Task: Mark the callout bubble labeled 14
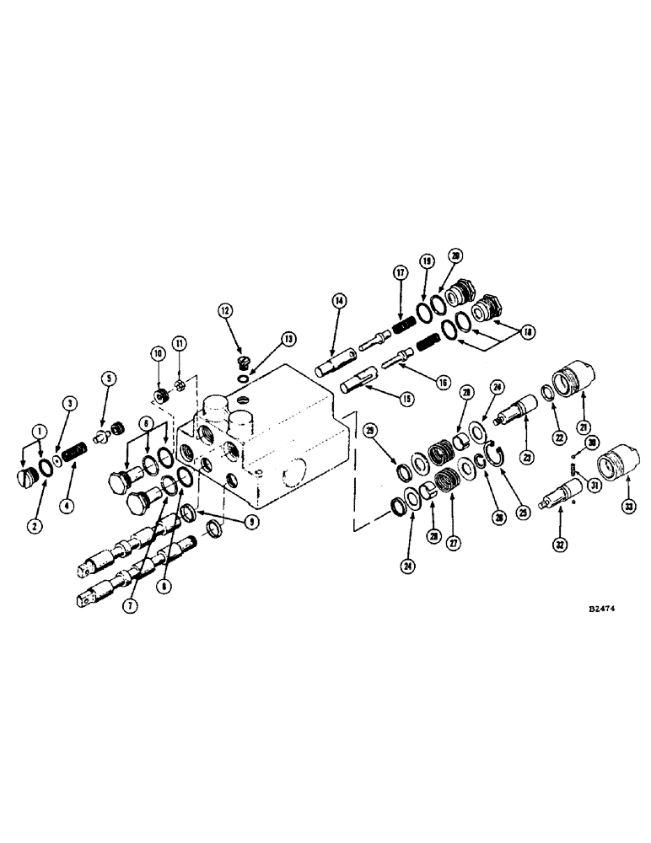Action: (x=338, y=299)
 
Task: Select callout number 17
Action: (x=400, y=272)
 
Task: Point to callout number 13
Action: (x=266, y=338)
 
